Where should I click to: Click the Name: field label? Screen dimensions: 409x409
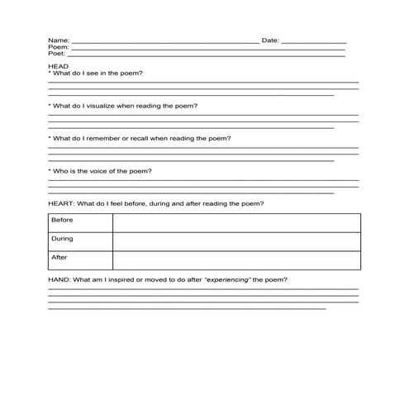(x=58, y=40)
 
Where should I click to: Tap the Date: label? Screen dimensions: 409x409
(x=270, y=40)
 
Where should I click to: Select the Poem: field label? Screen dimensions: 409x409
(x=58, y=47)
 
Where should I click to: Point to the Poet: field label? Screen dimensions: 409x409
(x=57, y=55)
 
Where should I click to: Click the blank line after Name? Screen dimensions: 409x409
(x=165, y=41)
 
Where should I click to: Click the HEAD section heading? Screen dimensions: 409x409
(x=58, y=66)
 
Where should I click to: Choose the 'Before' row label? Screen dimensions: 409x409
(x=63, y=221)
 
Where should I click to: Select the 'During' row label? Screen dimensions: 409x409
(x=63, y=240)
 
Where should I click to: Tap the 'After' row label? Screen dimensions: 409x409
(x=59, y=258)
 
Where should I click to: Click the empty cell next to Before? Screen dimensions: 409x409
(x=236, y=222)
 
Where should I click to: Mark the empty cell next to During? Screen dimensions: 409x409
(x=236, y=241)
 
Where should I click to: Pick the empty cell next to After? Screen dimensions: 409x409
(x=236, y=260)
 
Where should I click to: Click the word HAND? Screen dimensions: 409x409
(x=59, y=280)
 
